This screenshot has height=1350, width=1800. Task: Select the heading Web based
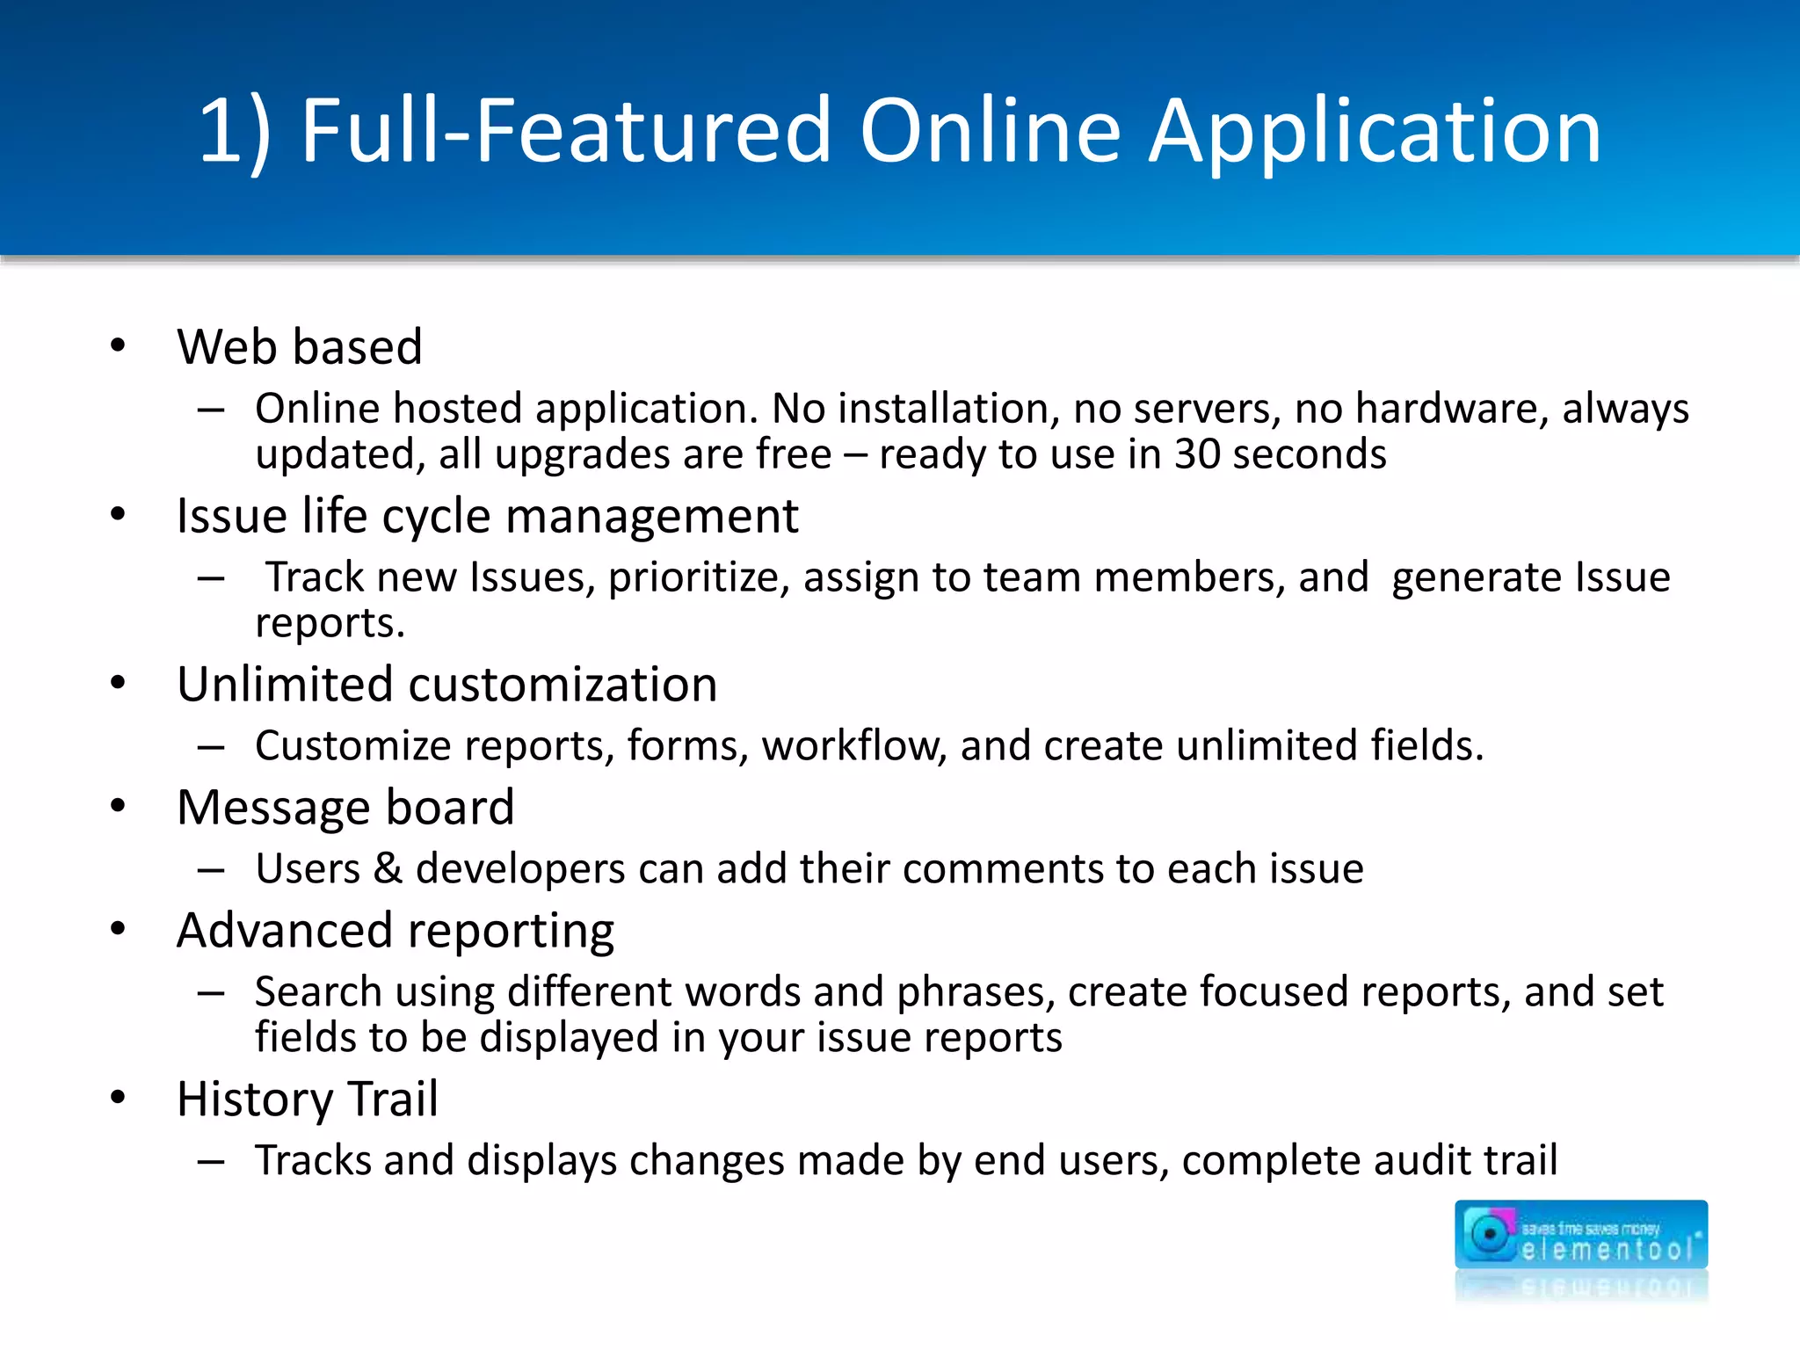300,346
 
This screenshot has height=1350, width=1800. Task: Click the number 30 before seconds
1197,454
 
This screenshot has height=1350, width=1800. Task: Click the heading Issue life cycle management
487,516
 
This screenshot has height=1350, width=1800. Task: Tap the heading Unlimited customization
446,684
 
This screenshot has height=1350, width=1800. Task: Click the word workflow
853,745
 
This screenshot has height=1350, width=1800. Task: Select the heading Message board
345,807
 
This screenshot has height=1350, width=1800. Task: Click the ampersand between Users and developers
388,868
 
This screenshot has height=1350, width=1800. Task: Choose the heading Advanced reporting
396,930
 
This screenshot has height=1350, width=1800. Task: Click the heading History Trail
308,1099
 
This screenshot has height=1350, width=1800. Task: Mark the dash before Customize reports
211,746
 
